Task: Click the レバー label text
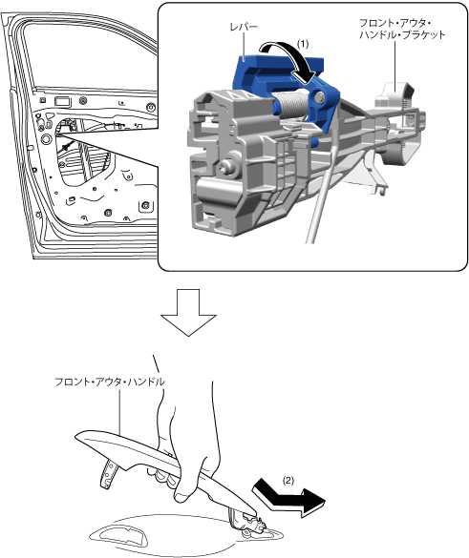coord(244,27)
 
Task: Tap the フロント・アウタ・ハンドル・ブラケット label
coord(402,30)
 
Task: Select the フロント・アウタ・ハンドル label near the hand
coord(110,382)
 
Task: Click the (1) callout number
coord(303,44)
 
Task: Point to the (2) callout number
coord(288,481)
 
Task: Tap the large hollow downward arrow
coord(188,313)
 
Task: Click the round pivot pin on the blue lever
coord(319,95)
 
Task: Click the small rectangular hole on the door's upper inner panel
coord(63,102)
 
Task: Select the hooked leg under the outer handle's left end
coord(108,473)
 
